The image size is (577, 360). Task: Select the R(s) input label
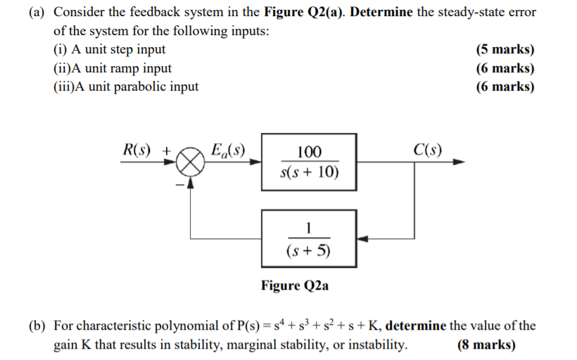(x=139, y=149)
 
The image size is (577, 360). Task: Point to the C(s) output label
(x=428, y=149)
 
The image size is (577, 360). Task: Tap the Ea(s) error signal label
(x=229, y=149)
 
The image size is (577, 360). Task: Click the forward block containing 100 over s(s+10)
(x=309, y=162)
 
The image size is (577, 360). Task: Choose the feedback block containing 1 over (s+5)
(x=309, y=238)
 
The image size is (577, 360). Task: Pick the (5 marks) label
(x=505, y=50)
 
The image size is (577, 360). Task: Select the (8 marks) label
(x=486, y=345)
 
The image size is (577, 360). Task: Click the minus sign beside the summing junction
(x=179, y=184)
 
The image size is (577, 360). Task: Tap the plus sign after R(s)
(x=167, y=150)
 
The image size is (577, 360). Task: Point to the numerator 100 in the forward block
(x=309, y=152)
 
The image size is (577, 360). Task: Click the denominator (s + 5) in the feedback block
(x=309, y=250)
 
